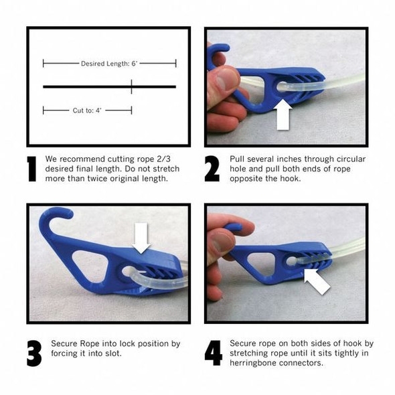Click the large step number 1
point(32,169)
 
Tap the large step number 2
point(212,169)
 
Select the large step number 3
point(34,353)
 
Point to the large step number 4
point(213,353)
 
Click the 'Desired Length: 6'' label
point(109,64)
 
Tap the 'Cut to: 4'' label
point(87,110)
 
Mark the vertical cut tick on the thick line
point(131,86)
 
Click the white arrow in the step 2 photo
point(283,114)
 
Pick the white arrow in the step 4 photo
point(317,282)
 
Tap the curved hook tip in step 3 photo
point(67,214)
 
